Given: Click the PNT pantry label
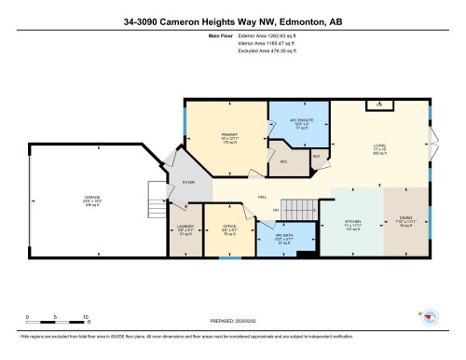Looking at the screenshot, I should (x=317, y=156).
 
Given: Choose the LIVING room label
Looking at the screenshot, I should (x=379, y=145).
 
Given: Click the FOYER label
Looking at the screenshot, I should (x=187, y=183).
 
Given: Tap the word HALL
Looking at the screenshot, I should (x=263, y=197).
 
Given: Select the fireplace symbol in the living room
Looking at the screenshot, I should (x=378, y=106).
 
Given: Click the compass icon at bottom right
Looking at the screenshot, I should (x=431, y=317).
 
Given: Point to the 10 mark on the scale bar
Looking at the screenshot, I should (x=86, y=319).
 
